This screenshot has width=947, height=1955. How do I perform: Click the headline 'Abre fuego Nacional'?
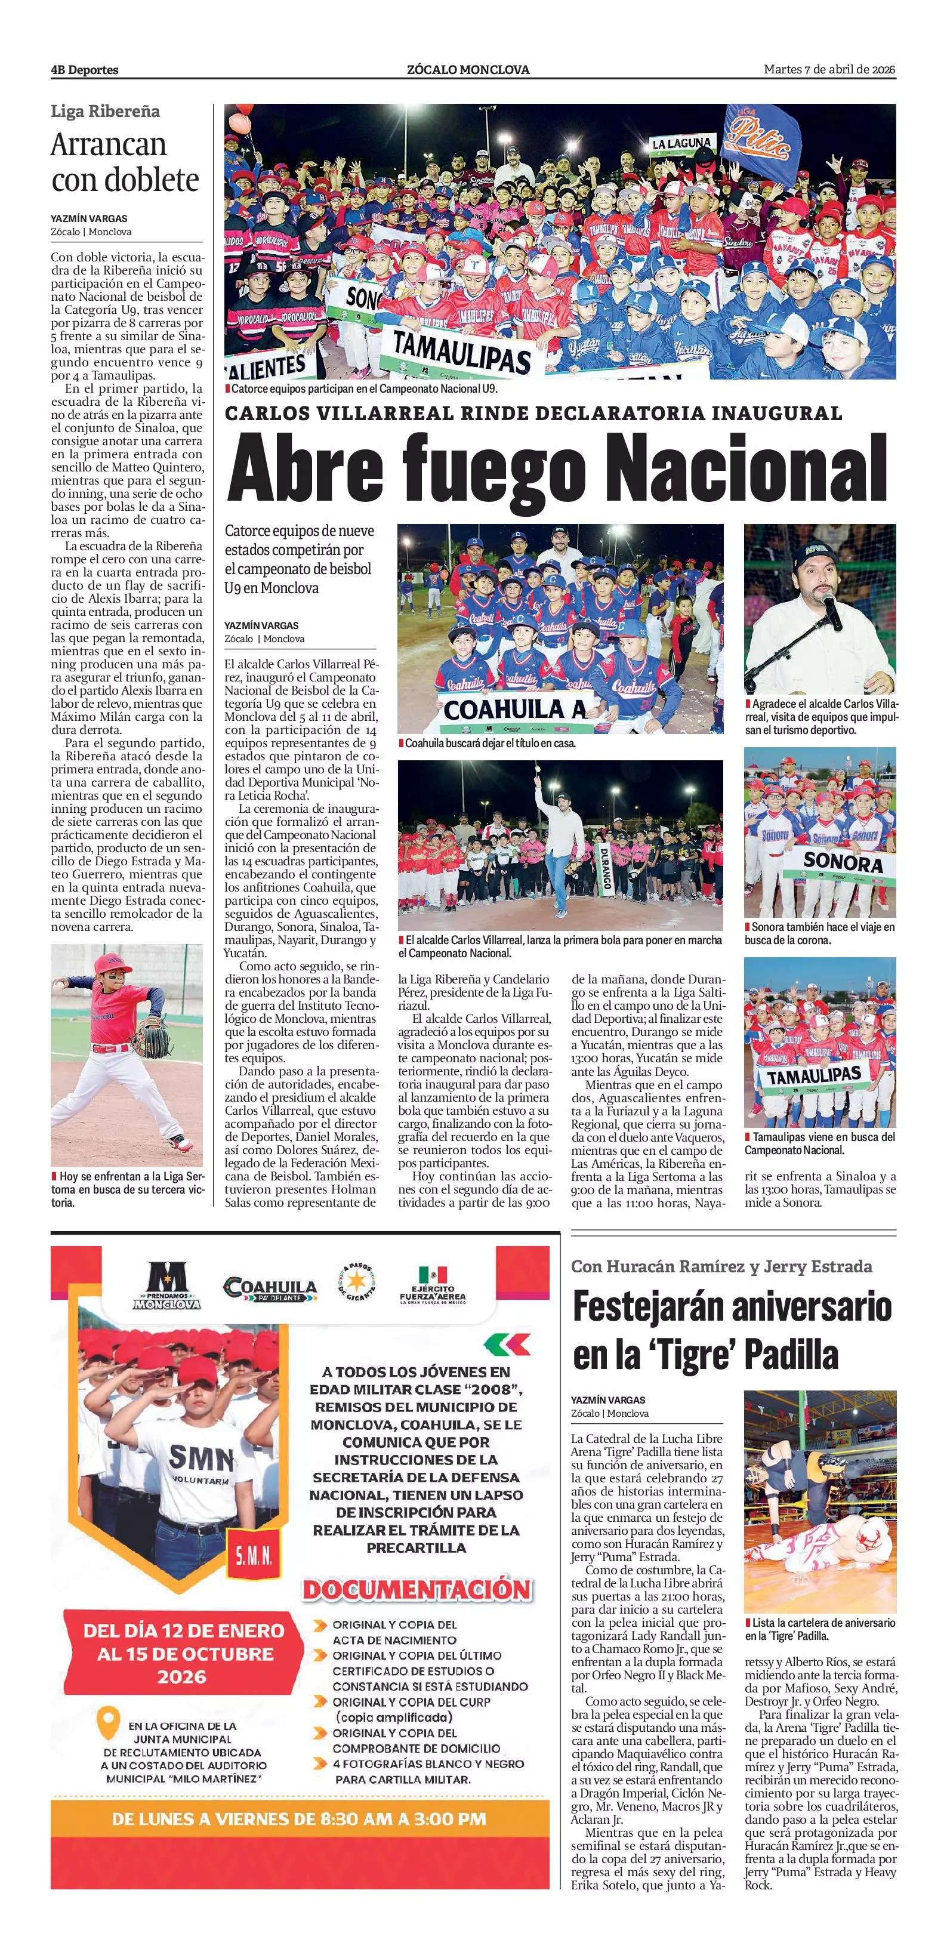[x=558, y=469]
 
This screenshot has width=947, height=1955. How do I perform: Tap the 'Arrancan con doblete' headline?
[x=125, y=162]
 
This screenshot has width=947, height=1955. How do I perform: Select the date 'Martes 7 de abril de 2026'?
[x=829, y=70]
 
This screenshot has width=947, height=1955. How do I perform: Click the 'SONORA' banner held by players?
[x=843, y=861]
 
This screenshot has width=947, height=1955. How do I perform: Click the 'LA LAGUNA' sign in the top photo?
[x=682, y=143]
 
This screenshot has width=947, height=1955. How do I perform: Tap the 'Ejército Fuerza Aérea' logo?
[x=433, y=1284]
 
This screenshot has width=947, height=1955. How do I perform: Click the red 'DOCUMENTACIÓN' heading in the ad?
[x=417, y=1589]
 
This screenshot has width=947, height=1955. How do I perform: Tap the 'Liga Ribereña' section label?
[x=106, y=112]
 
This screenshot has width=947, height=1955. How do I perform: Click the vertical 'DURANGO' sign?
[x=606, y=865]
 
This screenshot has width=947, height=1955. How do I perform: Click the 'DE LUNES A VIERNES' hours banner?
[x=299, y=1818]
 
